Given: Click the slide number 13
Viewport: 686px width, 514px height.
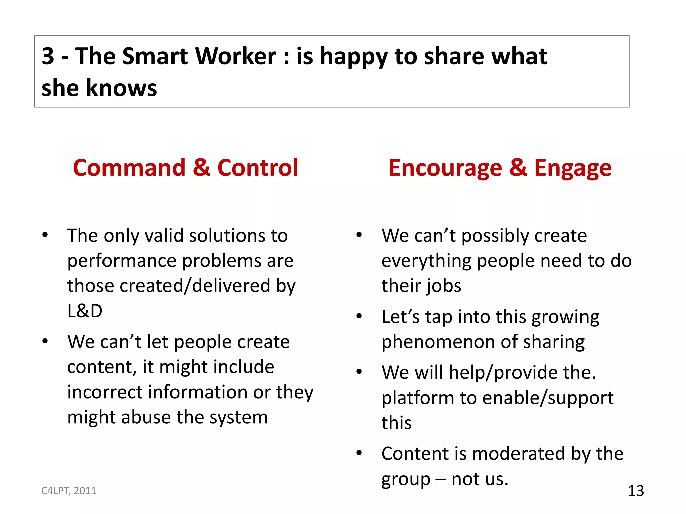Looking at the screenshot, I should click(636, 491).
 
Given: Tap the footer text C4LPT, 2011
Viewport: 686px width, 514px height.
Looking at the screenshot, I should click(69, 491).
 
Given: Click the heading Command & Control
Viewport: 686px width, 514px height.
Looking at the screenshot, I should click(185, 167).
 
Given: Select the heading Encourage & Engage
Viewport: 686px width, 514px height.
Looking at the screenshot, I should click(500, 167).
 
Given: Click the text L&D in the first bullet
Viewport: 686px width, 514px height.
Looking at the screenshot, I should click(85, 311).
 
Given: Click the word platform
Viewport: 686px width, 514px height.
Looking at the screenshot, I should click(417, 398).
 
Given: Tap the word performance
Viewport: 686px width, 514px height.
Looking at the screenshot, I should click(122, 261).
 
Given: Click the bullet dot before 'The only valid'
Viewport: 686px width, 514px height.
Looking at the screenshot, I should click(45, 235).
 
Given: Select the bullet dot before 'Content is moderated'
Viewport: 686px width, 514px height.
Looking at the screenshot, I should click(359, 453).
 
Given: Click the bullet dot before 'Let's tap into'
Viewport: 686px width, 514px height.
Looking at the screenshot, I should click(359, 316).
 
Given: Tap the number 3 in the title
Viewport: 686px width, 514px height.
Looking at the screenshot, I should click(48, 56).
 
